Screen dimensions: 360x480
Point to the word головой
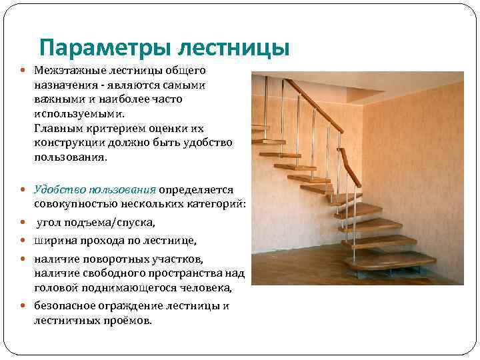pos(55,287)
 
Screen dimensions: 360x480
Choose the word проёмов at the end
pos(130,321)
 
